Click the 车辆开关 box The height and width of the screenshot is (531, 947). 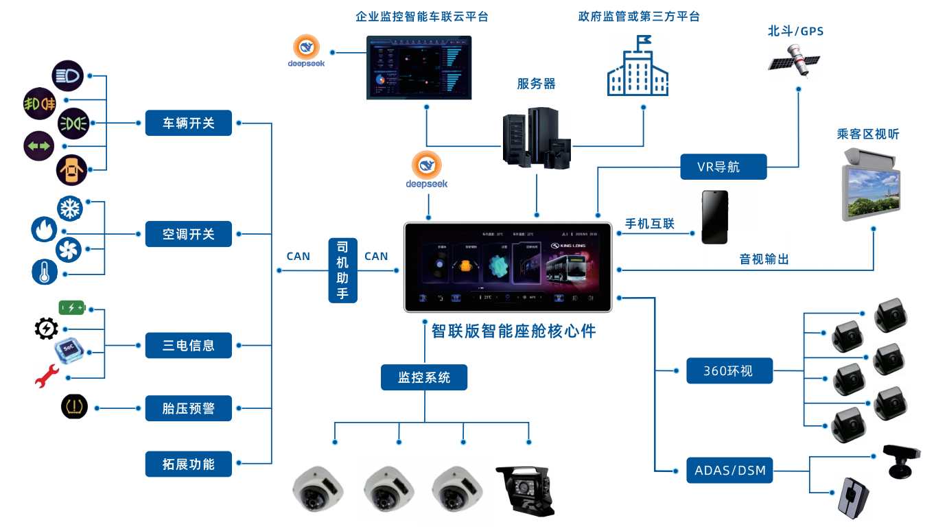point(188,123)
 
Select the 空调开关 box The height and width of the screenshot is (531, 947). point(188,234)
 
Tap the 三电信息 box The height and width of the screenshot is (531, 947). point(188,345)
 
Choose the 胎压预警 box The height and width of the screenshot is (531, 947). point(188,408)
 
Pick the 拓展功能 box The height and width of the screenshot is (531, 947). point(188,464)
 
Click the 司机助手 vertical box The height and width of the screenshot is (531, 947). point(342,270)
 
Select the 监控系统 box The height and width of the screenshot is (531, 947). point(424,377)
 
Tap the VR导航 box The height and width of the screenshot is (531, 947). point(723,167)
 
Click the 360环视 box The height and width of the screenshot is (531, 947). point(729,370)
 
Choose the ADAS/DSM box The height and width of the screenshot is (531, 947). point(729,471)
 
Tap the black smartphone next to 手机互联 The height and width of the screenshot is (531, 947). point(714,217)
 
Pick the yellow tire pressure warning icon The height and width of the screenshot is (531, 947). point(74,407)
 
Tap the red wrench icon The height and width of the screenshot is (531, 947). point(47,376)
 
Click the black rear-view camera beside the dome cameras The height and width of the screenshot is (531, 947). point(525,490)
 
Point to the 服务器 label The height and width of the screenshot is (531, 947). point(536,84)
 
